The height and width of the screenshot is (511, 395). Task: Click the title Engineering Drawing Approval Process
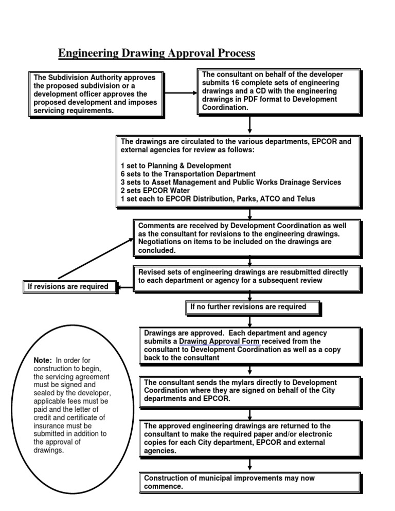(x=156, y=53)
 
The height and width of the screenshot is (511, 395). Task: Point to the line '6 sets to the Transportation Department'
(x=188, y=174)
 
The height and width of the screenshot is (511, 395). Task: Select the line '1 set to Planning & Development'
(x=176, y=166)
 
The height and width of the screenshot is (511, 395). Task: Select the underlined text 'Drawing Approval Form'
(x=219, y=341)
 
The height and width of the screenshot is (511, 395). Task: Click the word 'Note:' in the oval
(x=43, y=360)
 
